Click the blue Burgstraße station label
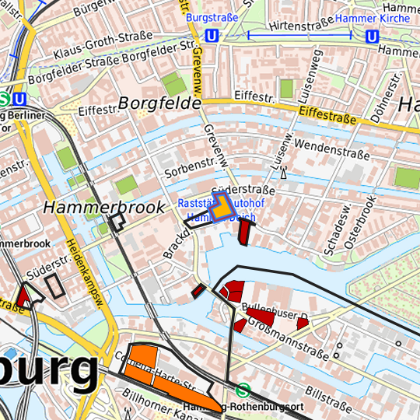point(211,16)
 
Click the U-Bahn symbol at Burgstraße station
point(212,36)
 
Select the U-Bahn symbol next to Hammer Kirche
point(373,36)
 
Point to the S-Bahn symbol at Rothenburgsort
point(243,390)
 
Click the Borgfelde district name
point(160,103)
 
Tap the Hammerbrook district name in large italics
point(104,208)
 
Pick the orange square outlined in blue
point(223,208)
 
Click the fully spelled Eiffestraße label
point(327,116)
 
